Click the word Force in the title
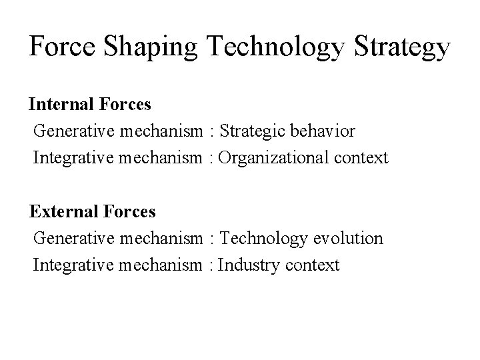(x=62, y=47)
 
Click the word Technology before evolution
(x=263, y=239)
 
